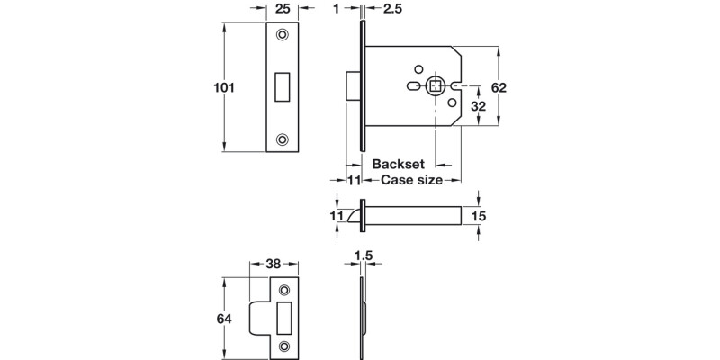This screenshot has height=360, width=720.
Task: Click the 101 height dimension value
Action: pos(223,88)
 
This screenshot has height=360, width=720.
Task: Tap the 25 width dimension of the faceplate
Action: pos(283,9)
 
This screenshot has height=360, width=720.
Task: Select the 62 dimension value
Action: pos(500,87)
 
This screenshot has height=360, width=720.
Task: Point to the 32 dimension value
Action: pos(480,105)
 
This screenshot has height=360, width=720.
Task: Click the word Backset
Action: pos(399,165)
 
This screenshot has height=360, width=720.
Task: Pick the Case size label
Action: pos(411,181)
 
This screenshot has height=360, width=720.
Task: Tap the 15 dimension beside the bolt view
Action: pos(479,216)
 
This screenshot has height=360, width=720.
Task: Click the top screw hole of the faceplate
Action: pos(283,35)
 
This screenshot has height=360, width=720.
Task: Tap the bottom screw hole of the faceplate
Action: pos(283,139)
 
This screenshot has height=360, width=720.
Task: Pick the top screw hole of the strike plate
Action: pos(285,290)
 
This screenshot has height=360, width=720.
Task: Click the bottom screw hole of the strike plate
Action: pos(285,346)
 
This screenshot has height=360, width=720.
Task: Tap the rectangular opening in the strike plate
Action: pos(285,318)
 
